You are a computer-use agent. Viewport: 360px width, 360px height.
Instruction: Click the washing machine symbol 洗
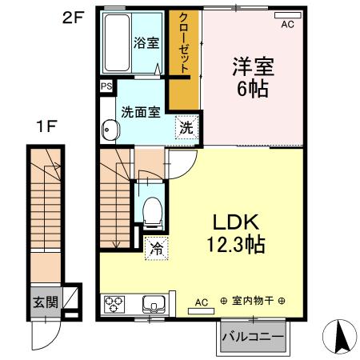click(185, 127)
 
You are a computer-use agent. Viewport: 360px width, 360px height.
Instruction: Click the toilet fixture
click(151, 210)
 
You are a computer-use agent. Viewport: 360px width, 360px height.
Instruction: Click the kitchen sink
click(153, 305)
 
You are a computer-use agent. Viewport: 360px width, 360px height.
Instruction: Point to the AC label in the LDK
click(202, 302)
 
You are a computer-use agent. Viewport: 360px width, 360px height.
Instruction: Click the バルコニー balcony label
click(252, 337)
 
